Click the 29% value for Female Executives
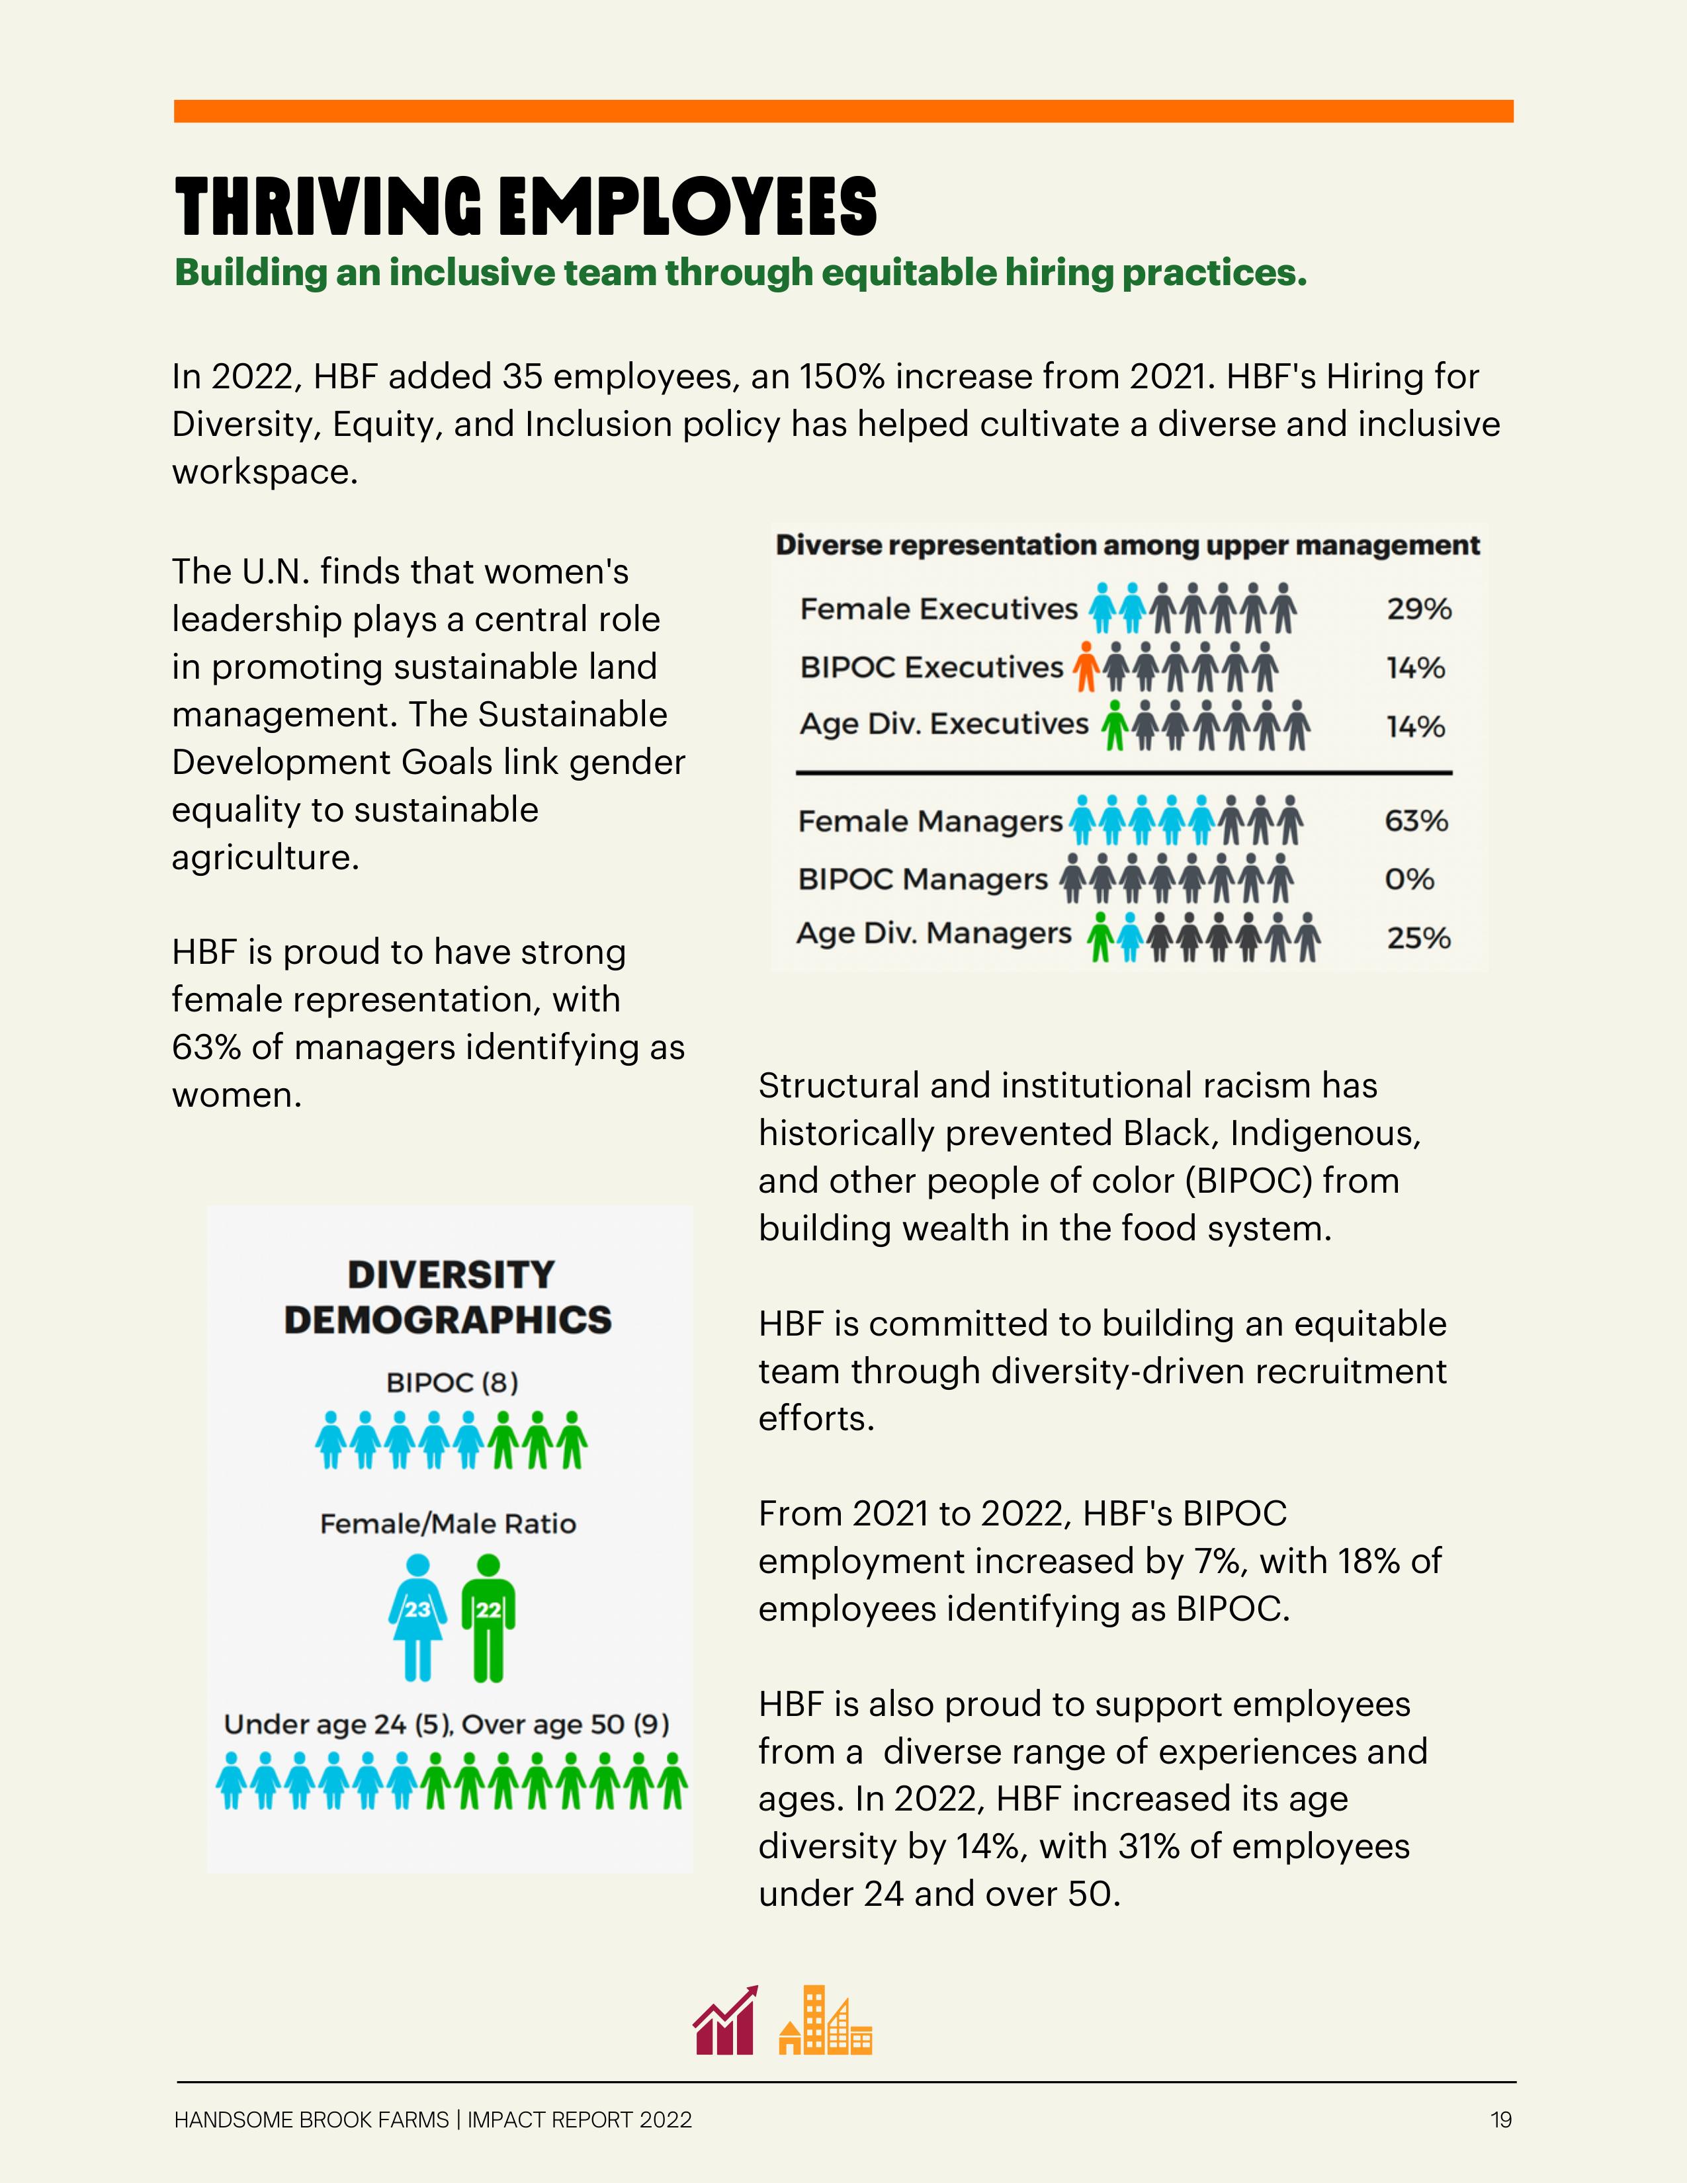pos(1418,609)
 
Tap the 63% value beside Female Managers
pos(1416,821)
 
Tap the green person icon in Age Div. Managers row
pos(1100,937)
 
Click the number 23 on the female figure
pos(417,1609)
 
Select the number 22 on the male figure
pos(488,1609)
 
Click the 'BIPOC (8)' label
pos(452,1383)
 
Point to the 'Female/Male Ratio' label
pos(448,1523)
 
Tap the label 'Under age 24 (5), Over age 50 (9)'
pos(447,1724)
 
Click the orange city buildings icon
pos(826,2020)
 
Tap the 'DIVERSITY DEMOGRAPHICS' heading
pos(449,1297)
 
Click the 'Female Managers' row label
pos(930,822)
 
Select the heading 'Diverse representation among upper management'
pos(1127,546)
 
